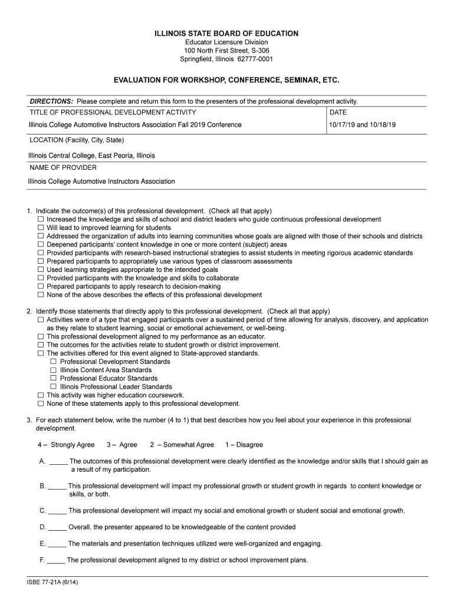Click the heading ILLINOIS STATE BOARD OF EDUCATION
[x=227, y=34]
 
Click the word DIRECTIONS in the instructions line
[x=51, y=101]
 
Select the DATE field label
[x=338, y=112]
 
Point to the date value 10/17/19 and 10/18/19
[x=362, y=125]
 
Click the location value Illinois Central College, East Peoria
[x=91, y=156]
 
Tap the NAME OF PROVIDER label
[x=62, y=168]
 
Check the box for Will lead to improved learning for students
[x=41, y=228]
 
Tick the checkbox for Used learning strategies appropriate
[x=41, y=270]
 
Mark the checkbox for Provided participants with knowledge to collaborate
[x=41, y=278]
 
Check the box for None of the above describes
[x=41, y=295]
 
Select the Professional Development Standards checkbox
[x=54, y=362]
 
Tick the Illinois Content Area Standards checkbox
[x=54, y=370]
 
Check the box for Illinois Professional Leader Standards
[x=54, y=387]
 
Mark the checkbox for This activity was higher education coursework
[x=41, y=395]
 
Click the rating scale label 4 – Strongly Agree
[x=65, y=445]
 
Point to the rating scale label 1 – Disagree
[x=244, y=445]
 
